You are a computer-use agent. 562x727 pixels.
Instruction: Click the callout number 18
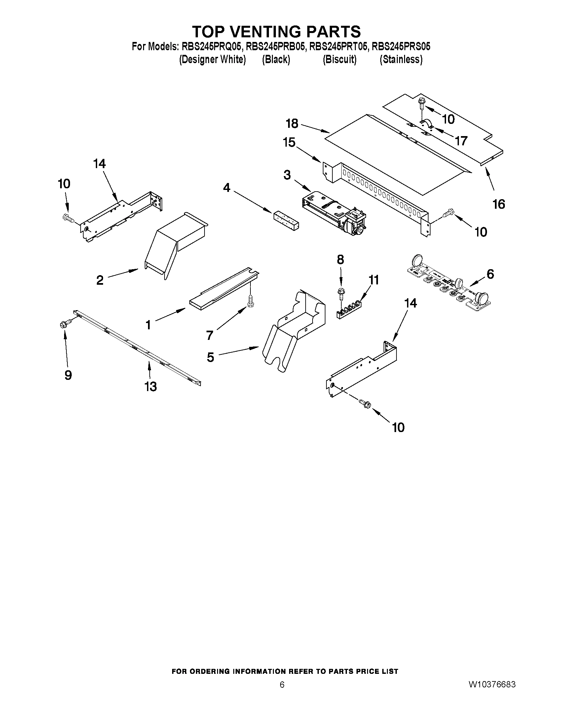[x=292, y=124]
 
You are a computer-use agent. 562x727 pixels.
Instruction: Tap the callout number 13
[x=150, y=386]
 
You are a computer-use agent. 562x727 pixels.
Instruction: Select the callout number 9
[x=68, y=375]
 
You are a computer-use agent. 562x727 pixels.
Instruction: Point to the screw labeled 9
[x=66, y=323]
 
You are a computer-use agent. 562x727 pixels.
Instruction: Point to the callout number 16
[x=499, y=204]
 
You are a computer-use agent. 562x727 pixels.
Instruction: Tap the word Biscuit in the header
[x=340, y=59]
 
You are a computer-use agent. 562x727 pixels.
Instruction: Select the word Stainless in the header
[x=401, y=59]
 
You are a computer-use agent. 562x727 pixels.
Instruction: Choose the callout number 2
[x=100, y=280]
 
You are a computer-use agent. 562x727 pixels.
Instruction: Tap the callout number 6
[x=490, y=274]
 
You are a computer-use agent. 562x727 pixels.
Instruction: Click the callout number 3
[x=287, y=175]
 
